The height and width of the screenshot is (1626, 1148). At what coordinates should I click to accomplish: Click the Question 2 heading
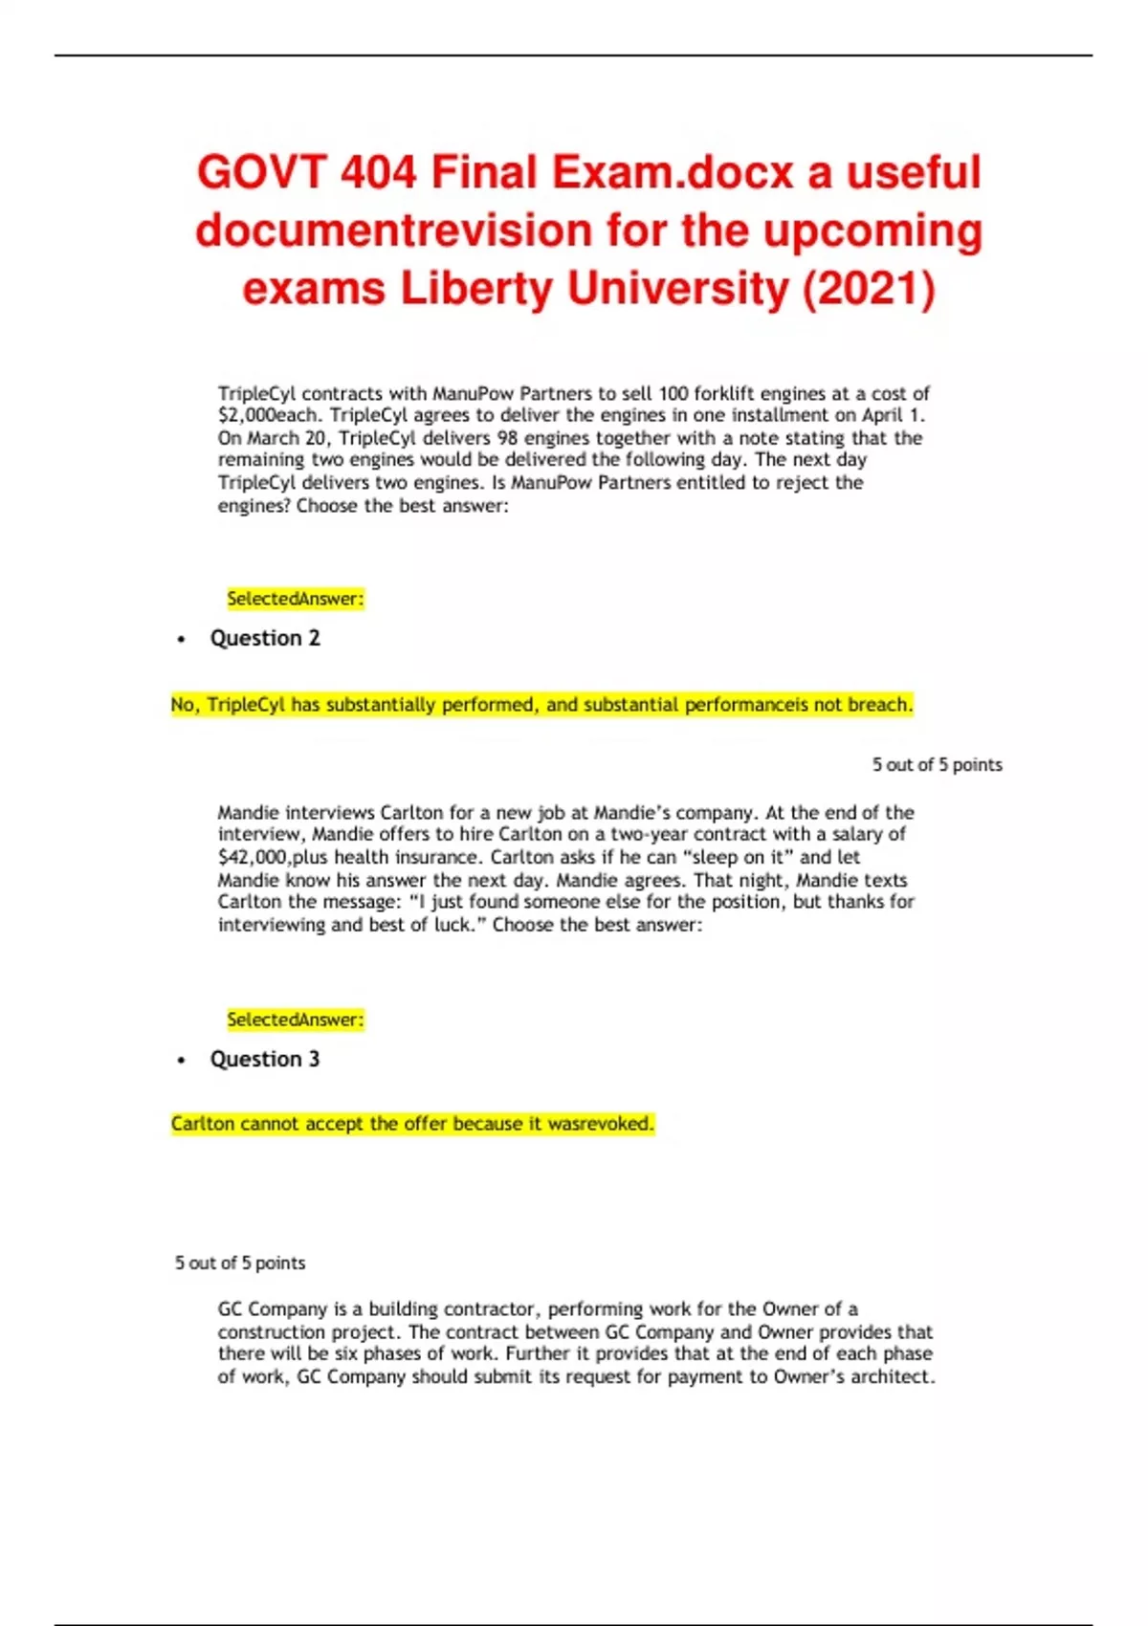pos(265,638)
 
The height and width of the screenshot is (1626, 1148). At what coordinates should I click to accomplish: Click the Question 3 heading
pos(265,1059)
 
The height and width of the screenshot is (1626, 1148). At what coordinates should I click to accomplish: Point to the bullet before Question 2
pos(182,640)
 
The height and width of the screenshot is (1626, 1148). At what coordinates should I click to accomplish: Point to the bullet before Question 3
pos(182,1061)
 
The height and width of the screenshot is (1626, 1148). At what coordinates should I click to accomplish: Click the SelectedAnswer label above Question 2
pos(295,599)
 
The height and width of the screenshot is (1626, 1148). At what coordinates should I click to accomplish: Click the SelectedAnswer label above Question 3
pos(295,1020)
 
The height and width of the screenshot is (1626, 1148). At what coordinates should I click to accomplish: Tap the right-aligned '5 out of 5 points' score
pos(937,765)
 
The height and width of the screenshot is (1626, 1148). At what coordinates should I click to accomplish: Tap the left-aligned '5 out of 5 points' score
pos(240,1263)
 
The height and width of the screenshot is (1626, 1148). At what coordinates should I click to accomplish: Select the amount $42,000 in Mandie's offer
pos(253,857)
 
